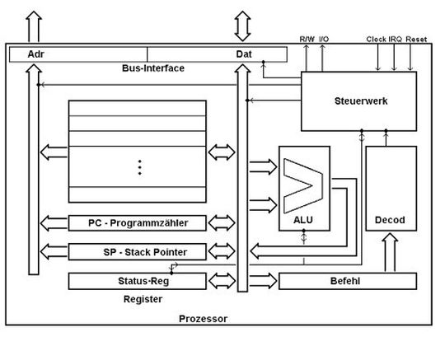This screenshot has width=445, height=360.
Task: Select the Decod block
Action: click(x=389, y=220)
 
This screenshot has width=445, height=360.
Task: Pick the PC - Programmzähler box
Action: click(x=138, y=222)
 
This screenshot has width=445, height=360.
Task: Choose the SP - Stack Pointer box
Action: click(x=138, y=251)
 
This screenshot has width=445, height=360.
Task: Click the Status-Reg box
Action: click(x=138, y=281)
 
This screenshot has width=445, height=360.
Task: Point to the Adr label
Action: click(x=35, y=54)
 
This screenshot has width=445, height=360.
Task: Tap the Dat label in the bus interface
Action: click(x=244, y=54)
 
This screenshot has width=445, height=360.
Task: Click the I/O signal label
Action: click(x=324, y=38)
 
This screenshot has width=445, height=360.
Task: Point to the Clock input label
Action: click(x=377, y=38)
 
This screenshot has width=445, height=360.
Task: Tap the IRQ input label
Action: click(x=396, y=38)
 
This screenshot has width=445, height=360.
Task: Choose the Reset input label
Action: click(x=416, y=38)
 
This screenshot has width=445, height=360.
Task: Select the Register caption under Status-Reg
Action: click(x=143, y=298)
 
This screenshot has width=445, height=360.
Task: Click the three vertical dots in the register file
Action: click(x=139, y=166)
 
